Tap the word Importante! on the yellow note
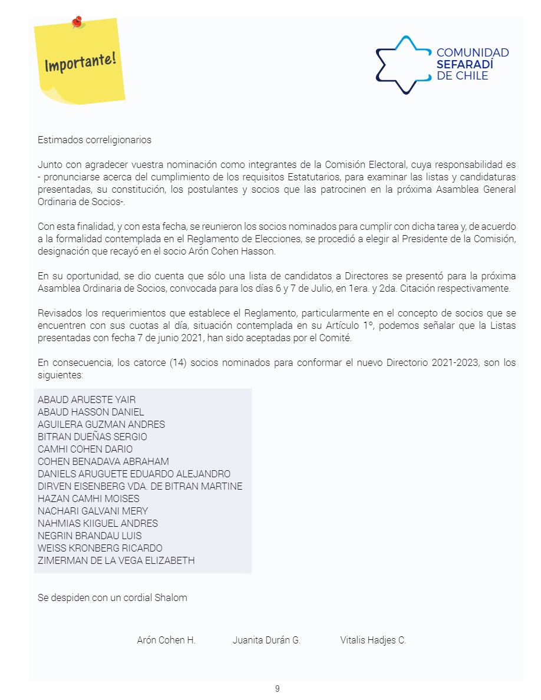80,61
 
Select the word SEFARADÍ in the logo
464,64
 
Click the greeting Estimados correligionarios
94,140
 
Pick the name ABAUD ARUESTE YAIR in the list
87,399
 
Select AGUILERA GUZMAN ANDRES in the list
101,424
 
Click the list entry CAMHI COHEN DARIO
85,449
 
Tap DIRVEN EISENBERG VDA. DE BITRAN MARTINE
140,486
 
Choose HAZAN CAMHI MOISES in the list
88,498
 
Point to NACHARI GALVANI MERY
93,511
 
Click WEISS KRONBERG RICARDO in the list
100,548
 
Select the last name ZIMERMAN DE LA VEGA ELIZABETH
116,560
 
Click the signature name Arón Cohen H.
166,640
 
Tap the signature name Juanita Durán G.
266,640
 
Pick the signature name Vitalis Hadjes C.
373,640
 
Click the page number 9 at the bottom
277,688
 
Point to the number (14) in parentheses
178,362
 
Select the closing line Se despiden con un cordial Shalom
113,597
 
